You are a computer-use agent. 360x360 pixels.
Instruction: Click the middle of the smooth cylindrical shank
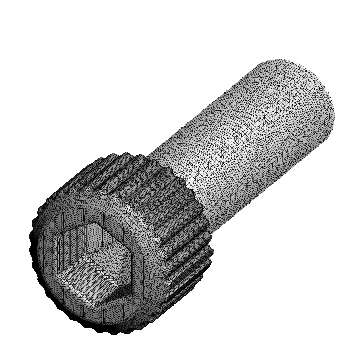pos(243,141)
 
